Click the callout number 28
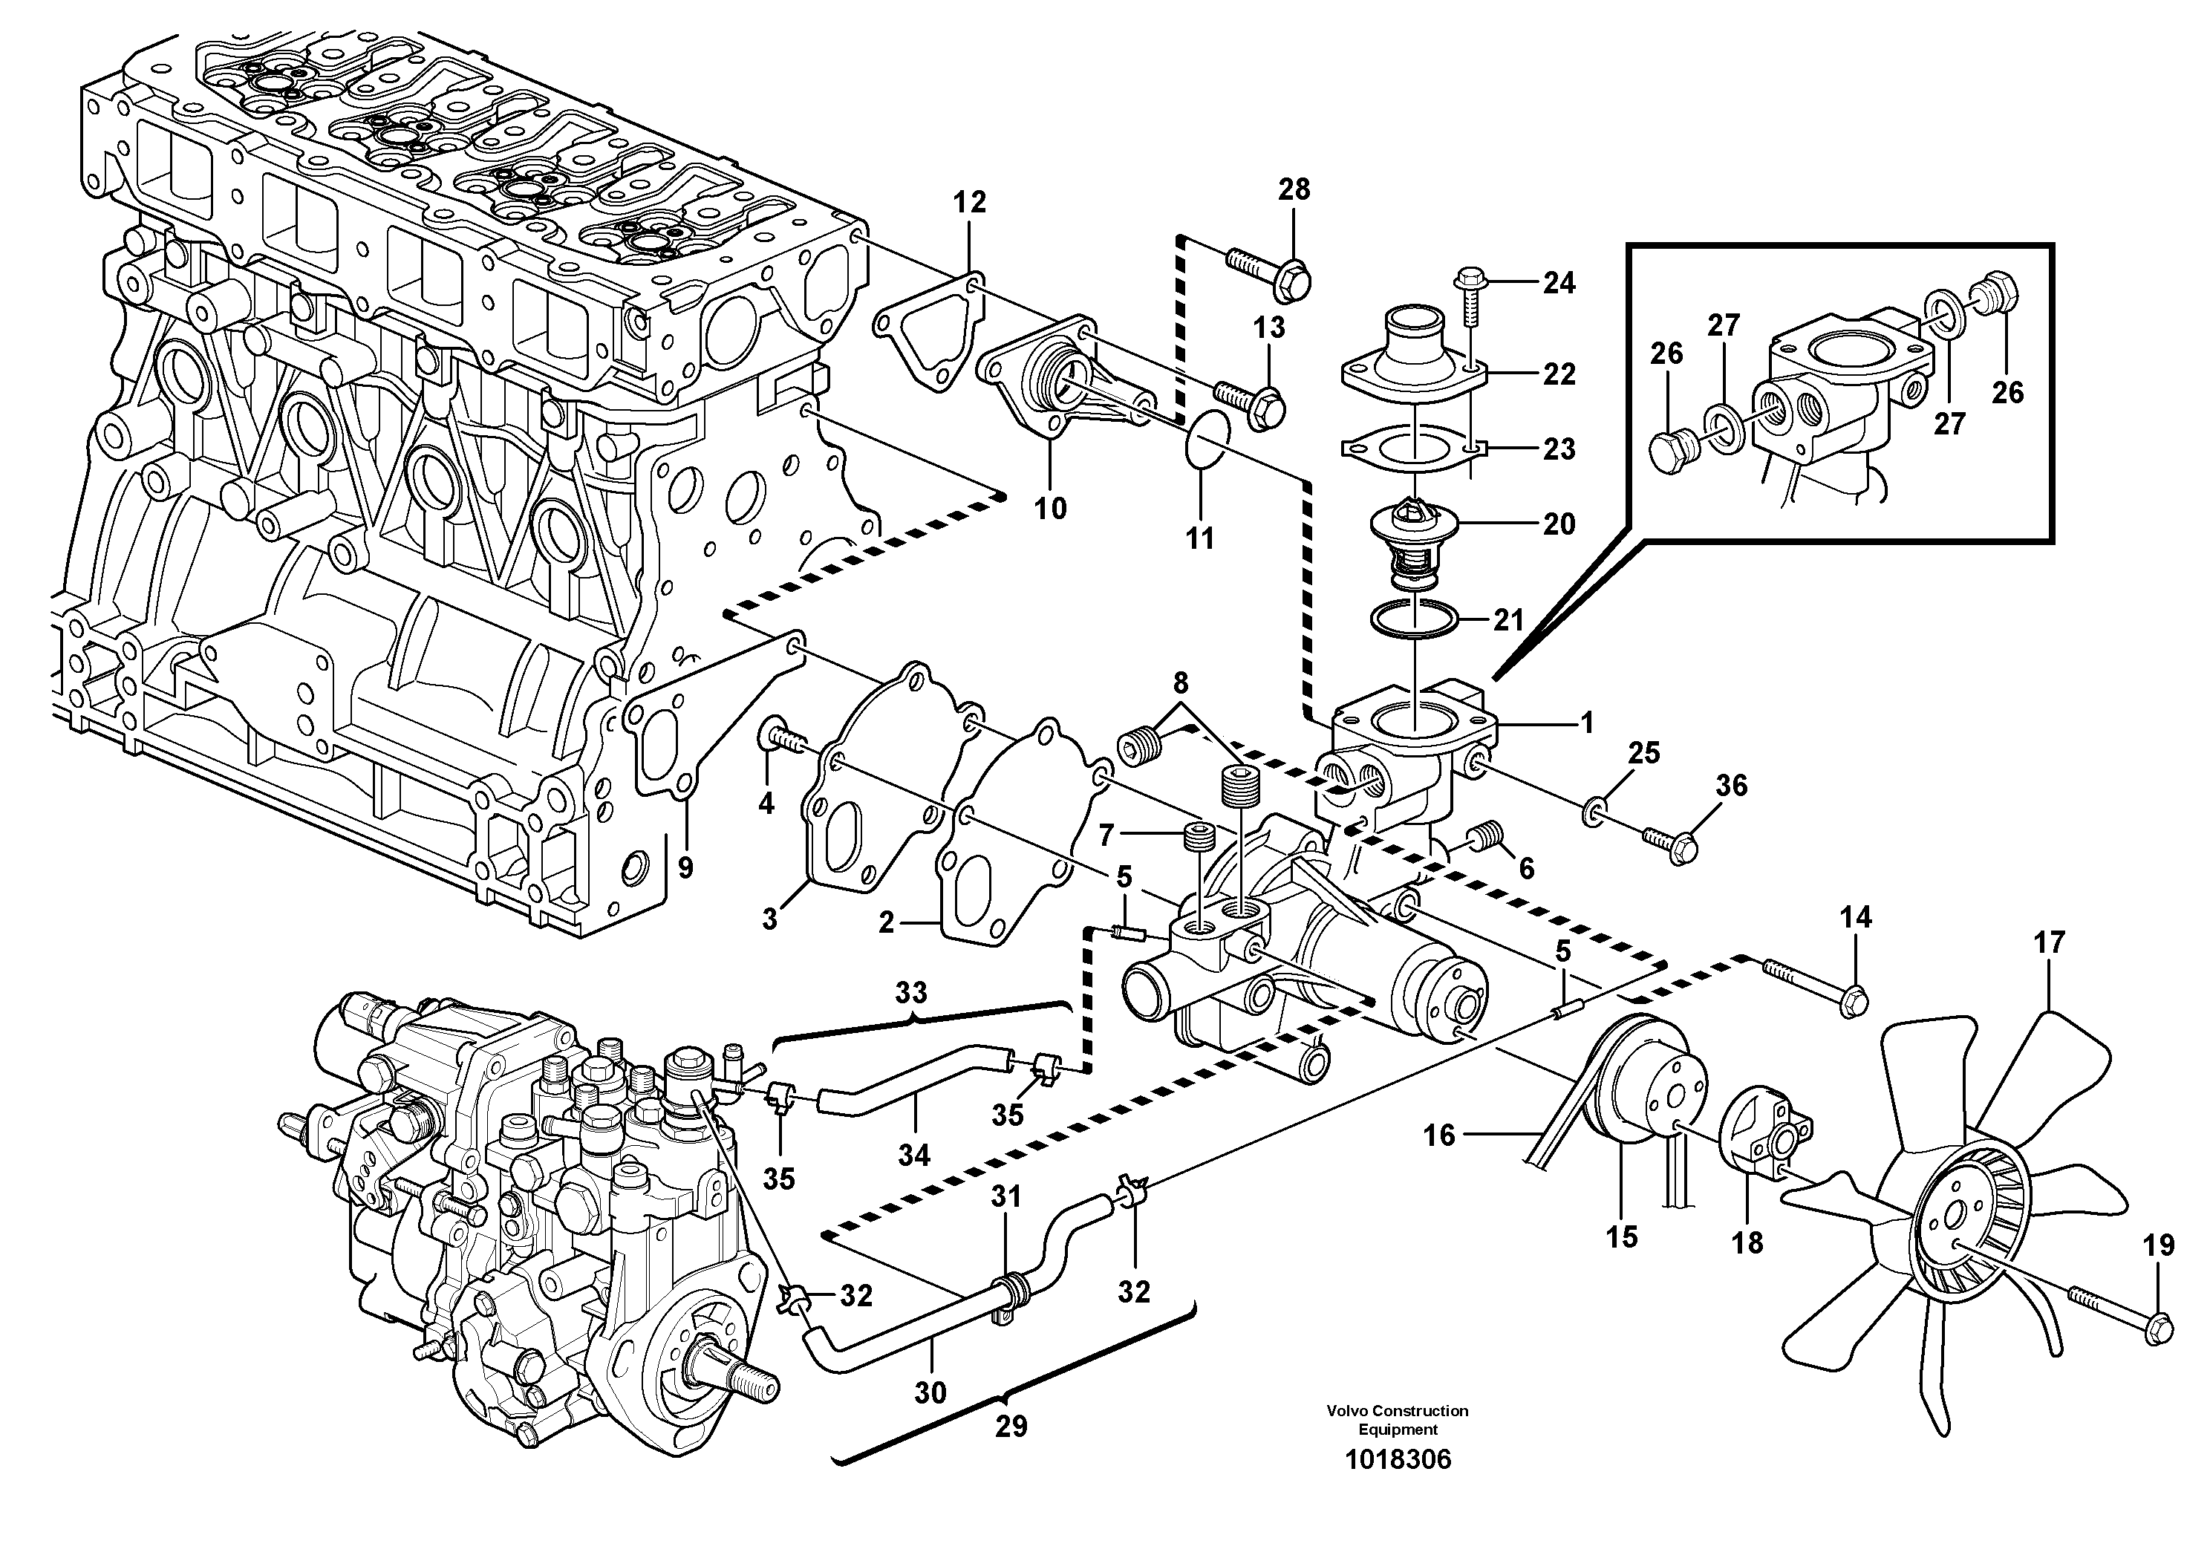(1294, 189)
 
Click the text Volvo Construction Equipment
(1397, 1419)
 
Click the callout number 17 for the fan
(2050, 942)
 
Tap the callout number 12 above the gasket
(969, 202)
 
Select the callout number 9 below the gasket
(685, 868)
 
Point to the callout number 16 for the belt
(1439, 1135)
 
